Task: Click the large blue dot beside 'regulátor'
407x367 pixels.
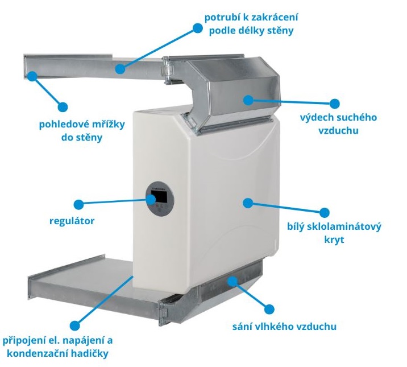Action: click(x=79, y=203)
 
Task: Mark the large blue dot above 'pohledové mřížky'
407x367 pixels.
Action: click(x=63, y=106)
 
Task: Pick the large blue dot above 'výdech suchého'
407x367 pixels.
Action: click(x=334, y=104)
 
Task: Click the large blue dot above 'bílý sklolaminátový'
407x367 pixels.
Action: click(x=324, y=213)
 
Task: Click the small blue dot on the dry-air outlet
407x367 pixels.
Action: click(x=248, y=100)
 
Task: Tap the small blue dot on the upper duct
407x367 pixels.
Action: click(x=119, y=69)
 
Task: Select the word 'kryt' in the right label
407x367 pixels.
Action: click(x=334, y=241)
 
